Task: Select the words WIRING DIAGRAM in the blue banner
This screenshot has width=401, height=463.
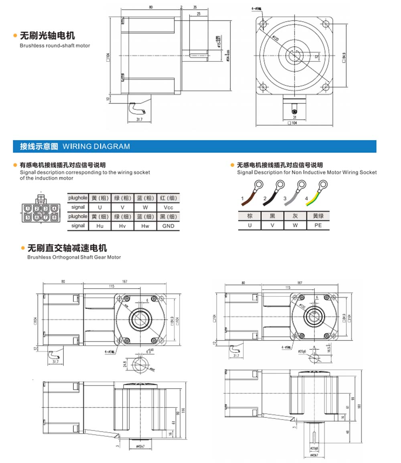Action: click(x=96, y=147)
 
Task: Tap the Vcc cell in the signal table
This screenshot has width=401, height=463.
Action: click(x=168, y=207)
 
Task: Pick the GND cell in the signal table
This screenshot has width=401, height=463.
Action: click(x=168, y=226)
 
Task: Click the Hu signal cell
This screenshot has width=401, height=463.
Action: click(x=100, y=226)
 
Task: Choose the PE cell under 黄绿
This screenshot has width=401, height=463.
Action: click(x=318, y=225)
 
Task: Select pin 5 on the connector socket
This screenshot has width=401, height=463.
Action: click(x=28, y=217)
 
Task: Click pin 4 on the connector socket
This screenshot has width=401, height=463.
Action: click(x=54, y=208)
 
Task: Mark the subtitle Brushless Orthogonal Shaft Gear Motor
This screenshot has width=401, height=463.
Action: click(x=74, y=257)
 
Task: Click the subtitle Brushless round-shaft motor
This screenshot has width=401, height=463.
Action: click(x=55, y=46)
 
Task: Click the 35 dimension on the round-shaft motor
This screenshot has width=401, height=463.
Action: click(x=195, y=7)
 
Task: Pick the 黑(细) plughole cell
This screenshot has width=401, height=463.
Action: click(x=168, y=216)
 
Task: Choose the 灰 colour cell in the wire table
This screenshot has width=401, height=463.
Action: click(x=295, y=216)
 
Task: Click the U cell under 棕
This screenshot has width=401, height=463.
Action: click(x=250, y=225)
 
